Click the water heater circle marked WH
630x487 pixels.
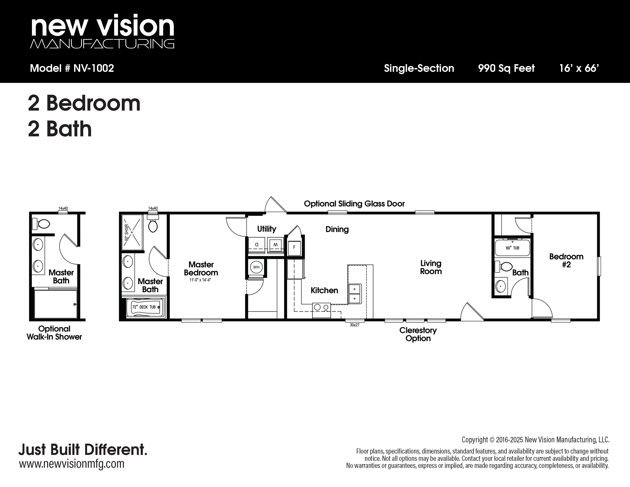click(x=256, y=267)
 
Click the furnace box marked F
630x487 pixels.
click(x=294, y=248)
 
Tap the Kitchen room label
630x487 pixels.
click(x=324, y=290)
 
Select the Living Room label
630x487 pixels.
click(x=431, y=267)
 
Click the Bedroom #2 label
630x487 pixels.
click(x=566, y=260)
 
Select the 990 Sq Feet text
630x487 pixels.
click(x=506, y=68)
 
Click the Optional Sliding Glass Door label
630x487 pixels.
click(x=354, y=204)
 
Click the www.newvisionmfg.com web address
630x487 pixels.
click(x=72, y=464)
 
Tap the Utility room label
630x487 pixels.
click(x=267, y=229)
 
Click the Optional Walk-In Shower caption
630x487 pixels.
click(x=54, y=333)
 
